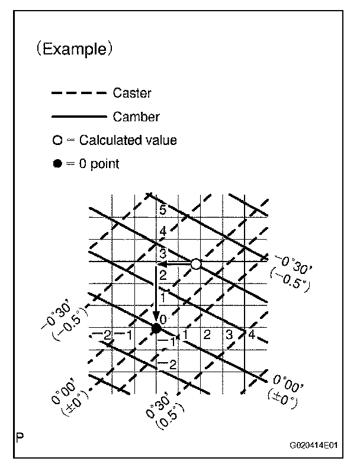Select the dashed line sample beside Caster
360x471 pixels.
point(79,93)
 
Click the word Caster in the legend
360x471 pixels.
point(131,93)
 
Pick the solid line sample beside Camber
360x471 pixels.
point(79,117)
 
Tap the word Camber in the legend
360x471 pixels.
point(136,117)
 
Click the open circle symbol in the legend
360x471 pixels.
point(56,141)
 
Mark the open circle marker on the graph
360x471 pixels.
point(196,264)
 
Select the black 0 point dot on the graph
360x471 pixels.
point(156,327)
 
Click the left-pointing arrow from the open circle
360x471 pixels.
point(174,264)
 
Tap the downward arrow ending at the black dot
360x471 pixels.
point(156,296)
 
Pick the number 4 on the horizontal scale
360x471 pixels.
point(251,335)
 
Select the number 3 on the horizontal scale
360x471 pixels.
point(229,335)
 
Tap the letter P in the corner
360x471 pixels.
point(20,438)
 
